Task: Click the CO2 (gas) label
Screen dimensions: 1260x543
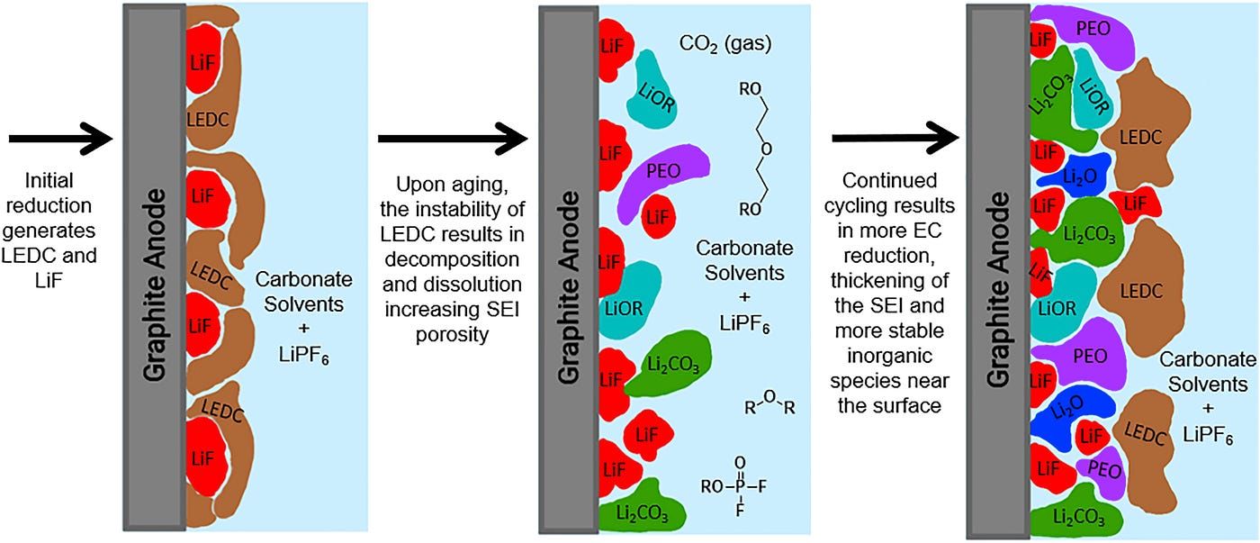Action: (x=725, y=43)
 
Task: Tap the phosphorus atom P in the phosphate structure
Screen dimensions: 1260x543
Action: (x=740, y=486)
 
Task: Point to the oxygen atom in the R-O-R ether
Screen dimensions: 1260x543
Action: (x=769, y=397)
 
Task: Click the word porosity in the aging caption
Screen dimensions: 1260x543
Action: (x=452, y=335)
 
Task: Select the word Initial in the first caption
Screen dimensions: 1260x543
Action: (x=49, y=180)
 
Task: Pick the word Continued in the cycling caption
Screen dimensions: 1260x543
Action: (x=889, y=180)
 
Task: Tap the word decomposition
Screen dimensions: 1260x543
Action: (x=452, y=259)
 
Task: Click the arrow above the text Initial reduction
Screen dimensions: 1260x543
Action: (x=61, y=139)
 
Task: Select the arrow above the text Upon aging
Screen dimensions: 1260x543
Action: (x=453, y=139)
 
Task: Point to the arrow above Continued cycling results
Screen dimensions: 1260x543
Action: (x=895, y=139)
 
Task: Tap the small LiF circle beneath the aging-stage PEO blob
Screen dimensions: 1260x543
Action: (x=658, y=217)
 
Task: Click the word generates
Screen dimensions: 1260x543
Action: (x=49, y=231)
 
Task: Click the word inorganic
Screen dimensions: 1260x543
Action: (x=889, y=356)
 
